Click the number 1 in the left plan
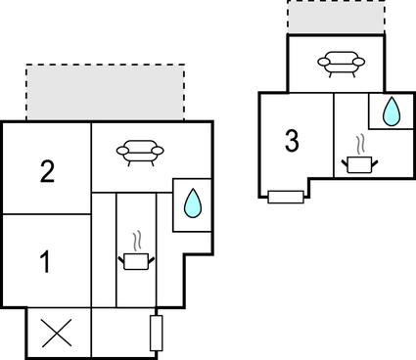tap(44, 261)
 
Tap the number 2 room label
tap(47, 173)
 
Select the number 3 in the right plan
tap(292, 141)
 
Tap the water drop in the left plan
tap(193, 204)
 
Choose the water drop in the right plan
tap(391, 112)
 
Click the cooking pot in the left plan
tap(136, 259)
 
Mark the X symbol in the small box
tap(57, 333)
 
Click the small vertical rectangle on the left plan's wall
tap(156, 333)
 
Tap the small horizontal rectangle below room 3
tap(285, 197)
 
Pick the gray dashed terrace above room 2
tap(104, 93)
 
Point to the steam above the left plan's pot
tap(137, 240)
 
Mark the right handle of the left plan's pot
tap(151, 256)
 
